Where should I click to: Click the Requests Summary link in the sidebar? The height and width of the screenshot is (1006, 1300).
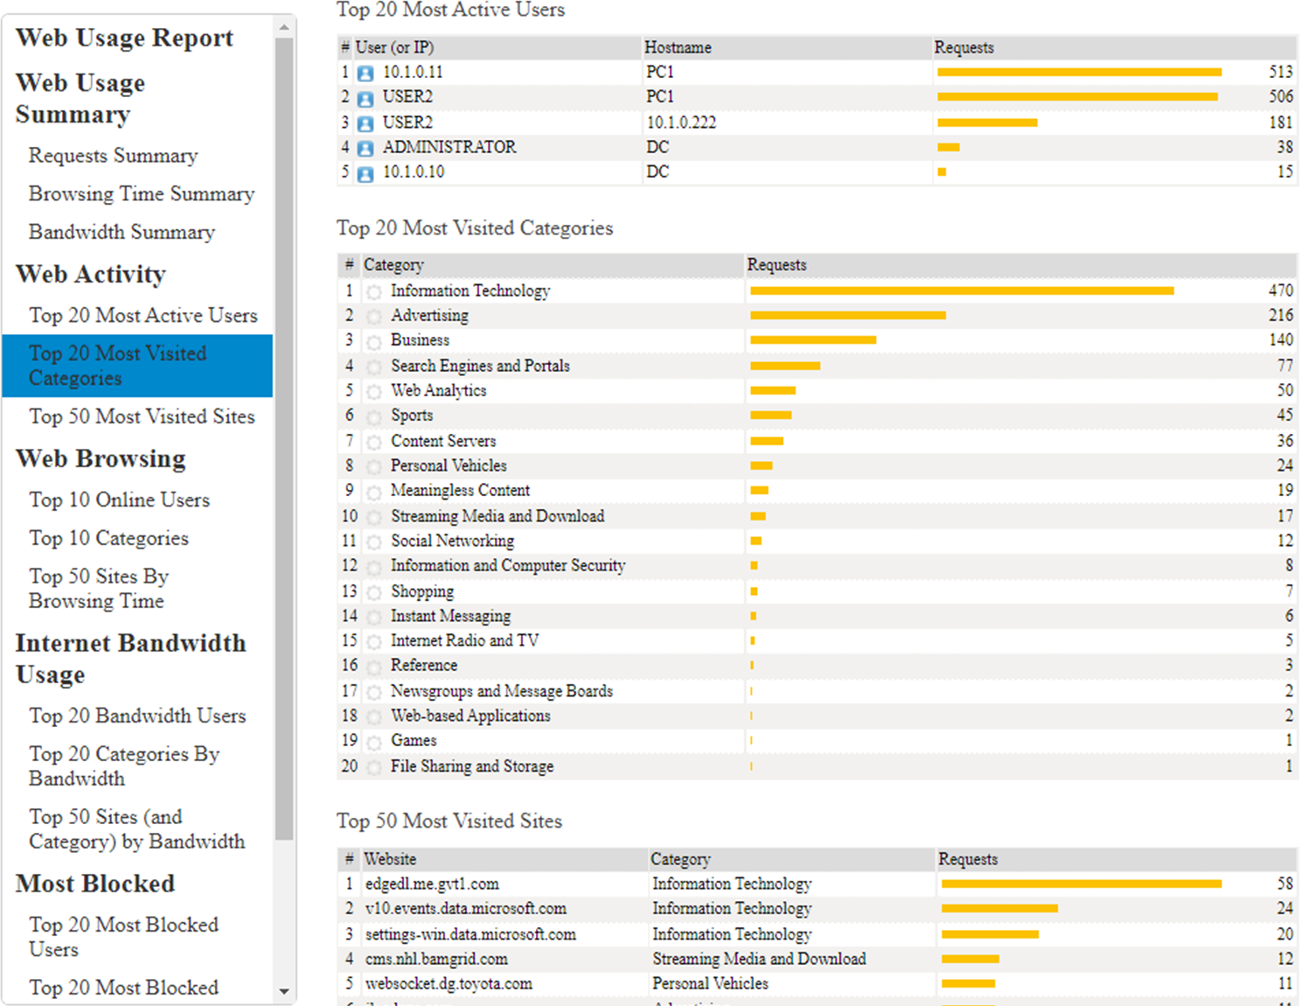coord(113,156)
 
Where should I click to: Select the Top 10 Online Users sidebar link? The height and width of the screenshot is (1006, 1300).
coord(119,500)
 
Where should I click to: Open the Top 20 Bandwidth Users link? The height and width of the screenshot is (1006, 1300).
coord(137,716)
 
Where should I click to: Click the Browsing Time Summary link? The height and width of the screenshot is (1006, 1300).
coord(141,194)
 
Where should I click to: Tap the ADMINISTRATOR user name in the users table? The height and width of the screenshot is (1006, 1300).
coord(449,147)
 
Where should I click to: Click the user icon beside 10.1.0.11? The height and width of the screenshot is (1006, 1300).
coord(366,73)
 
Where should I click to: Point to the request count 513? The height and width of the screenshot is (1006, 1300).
coord(1281,73)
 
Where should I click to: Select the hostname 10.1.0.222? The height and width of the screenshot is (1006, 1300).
coord(681,122)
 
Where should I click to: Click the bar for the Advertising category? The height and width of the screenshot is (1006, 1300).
coord(847,315)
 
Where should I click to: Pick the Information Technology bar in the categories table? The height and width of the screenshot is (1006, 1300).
coord(962,290)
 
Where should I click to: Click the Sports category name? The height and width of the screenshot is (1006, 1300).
coord(412,416)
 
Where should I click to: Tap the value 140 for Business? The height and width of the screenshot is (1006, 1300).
coord(1281,340)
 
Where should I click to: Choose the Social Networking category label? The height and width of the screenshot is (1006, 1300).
coord(452,541)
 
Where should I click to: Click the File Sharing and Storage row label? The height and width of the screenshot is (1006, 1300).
coord(471,766)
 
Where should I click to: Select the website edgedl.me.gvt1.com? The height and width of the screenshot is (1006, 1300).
coord(432,884)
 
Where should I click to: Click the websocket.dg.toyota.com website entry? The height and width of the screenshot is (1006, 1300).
coord(448,984)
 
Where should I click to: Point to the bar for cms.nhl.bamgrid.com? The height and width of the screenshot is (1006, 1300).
coord(970,960)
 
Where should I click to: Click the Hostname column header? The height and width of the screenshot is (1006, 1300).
coord(678,48)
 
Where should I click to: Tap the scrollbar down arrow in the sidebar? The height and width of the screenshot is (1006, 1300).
coord(284,991)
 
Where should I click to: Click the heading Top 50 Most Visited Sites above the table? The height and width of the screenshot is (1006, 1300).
coord(449,821)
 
